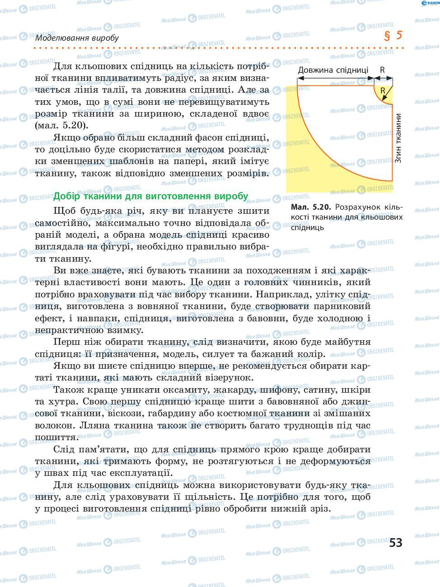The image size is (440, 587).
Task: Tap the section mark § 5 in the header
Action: (393, 36)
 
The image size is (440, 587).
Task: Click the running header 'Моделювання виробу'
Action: (77, 38)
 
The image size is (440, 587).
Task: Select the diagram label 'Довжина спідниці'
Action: (333, 70)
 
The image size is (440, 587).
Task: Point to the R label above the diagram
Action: (382, 70)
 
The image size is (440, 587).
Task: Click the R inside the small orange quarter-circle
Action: (383, 90)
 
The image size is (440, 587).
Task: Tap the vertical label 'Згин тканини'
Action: (398, 138)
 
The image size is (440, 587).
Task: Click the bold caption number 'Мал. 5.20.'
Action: (311, 207)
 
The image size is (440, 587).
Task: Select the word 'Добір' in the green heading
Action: (66, 196)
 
